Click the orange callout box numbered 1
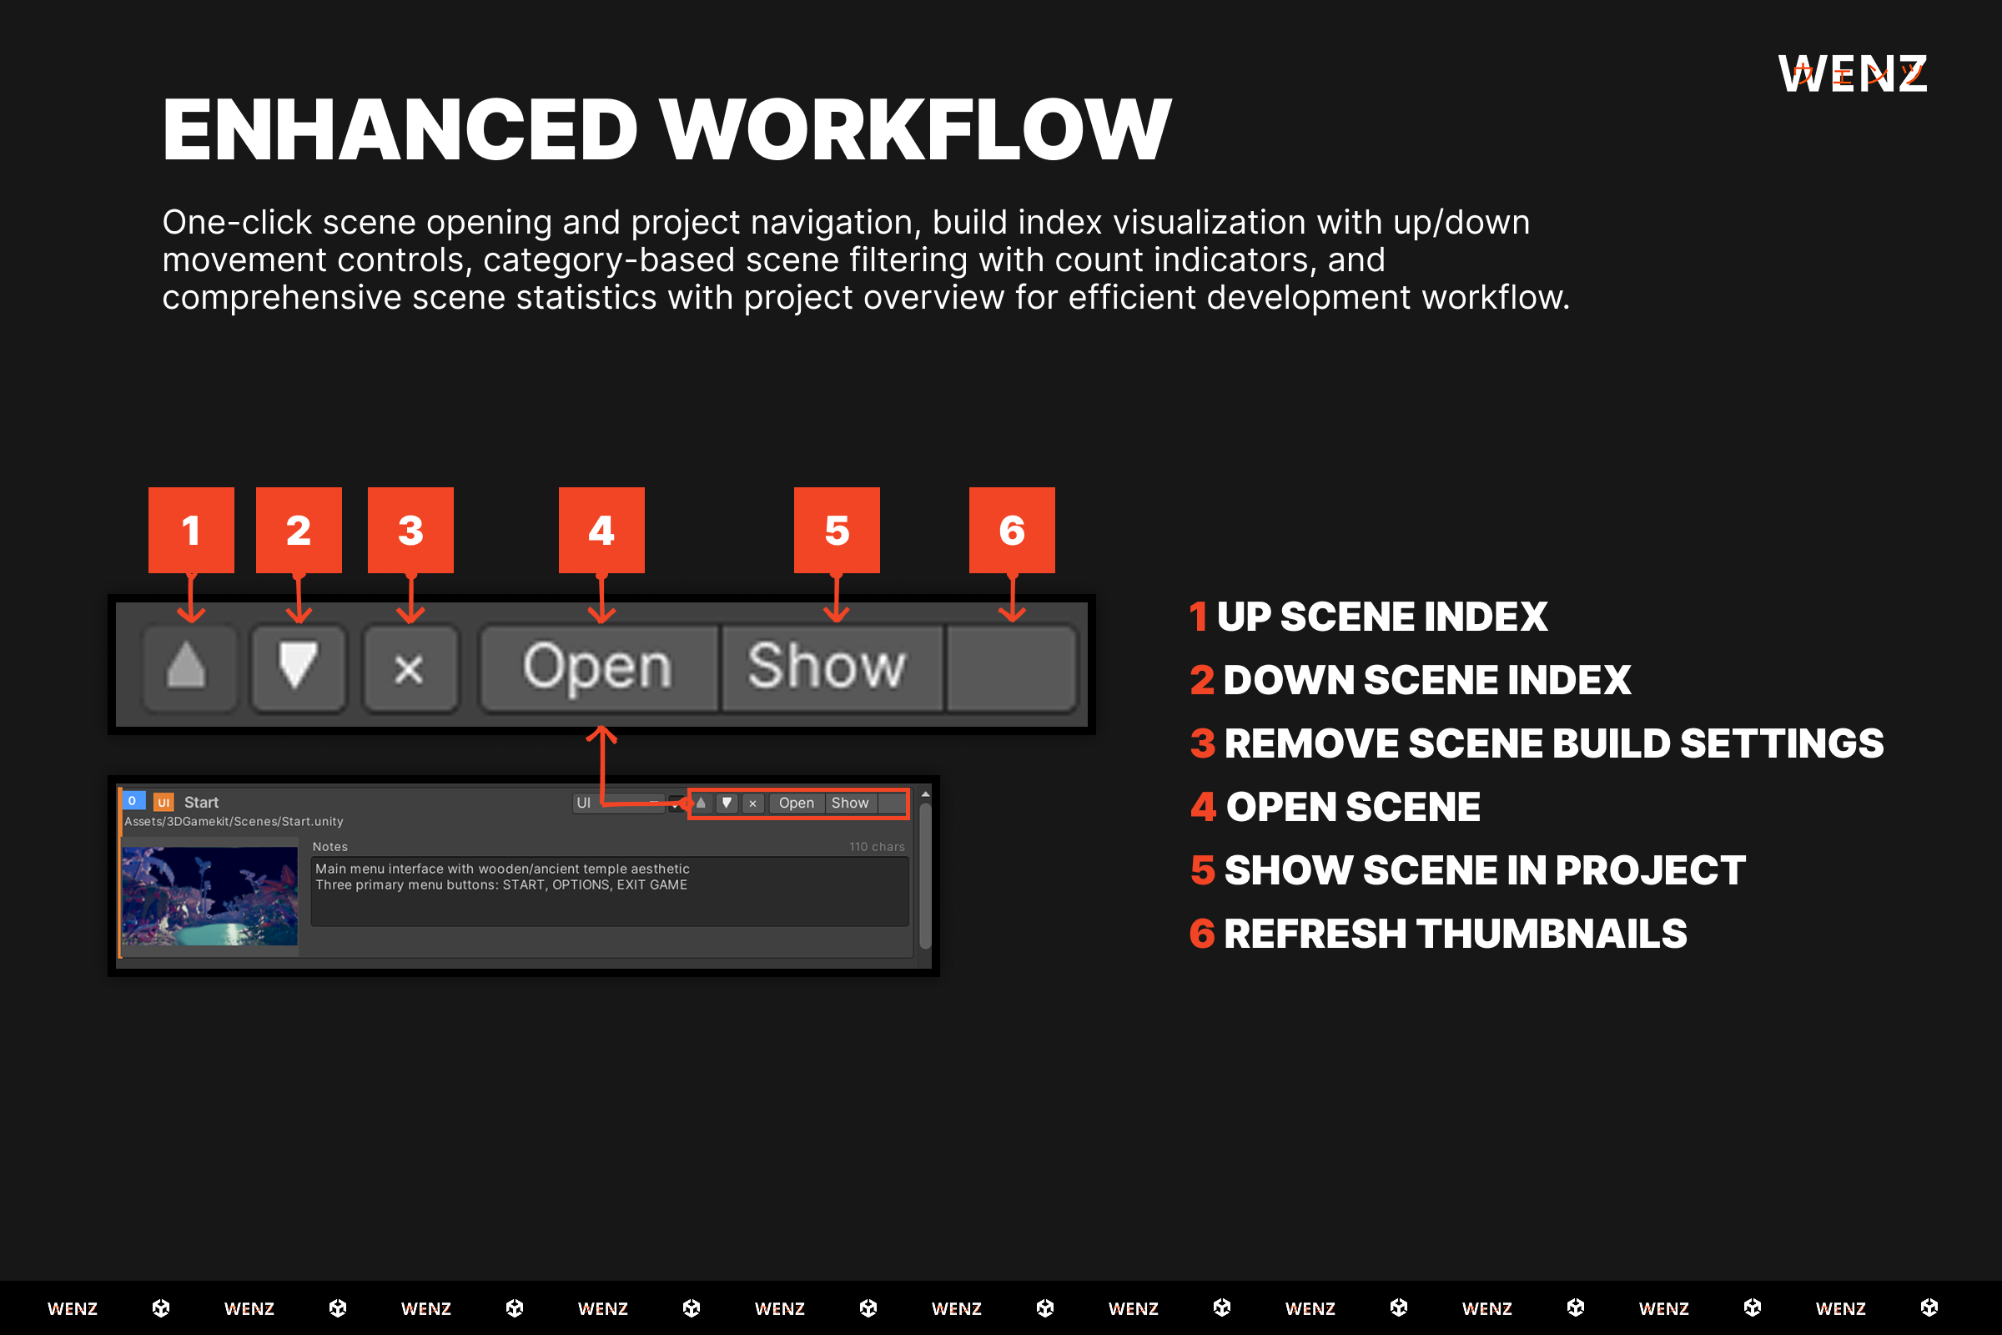(191, 530)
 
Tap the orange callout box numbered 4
(601, 530)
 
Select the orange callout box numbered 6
(1011, 530)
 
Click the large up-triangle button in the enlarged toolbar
(189, 667)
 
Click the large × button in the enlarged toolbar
(410, 667)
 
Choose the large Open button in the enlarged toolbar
(598, 667)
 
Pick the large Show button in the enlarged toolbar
(831, 667)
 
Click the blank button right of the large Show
(1011, 667)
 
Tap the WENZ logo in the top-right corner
(1852, 74)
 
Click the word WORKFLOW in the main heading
(916, 129)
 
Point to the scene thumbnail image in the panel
(209, 895)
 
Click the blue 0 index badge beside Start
(133, 801)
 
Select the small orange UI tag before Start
(163, 802)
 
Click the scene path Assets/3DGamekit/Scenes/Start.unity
(234, 822)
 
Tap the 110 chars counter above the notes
(877, 846)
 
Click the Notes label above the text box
(330, 846)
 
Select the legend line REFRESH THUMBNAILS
(1437, 933)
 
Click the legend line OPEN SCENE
(1335, 806)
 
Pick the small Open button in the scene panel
(796, 803)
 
